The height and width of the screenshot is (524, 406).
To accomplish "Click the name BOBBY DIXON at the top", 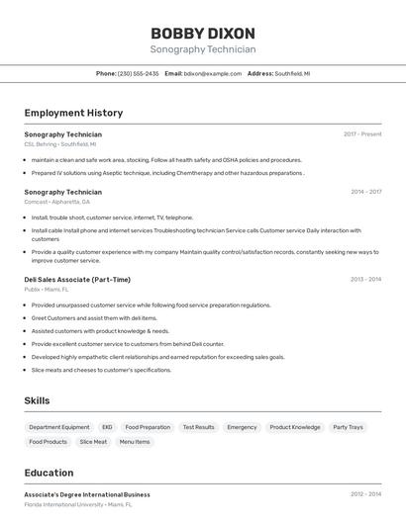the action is coord(203,33).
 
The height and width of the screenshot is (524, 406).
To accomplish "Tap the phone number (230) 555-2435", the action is coord(139,73).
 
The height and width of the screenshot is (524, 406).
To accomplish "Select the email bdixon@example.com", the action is coord(212,73).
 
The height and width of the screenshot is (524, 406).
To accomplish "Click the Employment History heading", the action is coord(73,113).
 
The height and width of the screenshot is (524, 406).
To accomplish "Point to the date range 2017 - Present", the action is coord(362,133).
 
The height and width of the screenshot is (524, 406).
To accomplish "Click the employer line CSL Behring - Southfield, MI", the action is coord(60,143).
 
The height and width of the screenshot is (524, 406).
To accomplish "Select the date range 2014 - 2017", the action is coord(365,192).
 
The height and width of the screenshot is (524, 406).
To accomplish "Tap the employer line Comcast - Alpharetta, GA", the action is coord(56,202).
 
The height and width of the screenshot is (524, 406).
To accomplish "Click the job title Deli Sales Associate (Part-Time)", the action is coord(77,279).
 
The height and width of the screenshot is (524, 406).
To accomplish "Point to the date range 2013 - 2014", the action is coord(365,279).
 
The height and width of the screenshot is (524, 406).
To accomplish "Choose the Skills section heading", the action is coord(38,400).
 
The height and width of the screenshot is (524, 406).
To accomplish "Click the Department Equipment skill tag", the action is coord(59,427).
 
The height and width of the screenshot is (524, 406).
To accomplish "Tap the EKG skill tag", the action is coord(107,427).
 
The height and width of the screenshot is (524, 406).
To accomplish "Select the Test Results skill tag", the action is coord(198,427).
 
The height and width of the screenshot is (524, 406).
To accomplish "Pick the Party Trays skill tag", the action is coord(348,427).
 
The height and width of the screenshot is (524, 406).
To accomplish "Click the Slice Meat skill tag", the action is coord(93,442).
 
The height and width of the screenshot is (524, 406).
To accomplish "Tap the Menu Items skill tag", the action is coord(135,442).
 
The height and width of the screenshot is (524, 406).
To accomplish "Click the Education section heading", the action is coord(50,473).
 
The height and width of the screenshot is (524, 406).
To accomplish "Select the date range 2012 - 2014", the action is coord(365,493).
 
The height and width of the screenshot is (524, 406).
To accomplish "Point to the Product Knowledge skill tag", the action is coord(295,427).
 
